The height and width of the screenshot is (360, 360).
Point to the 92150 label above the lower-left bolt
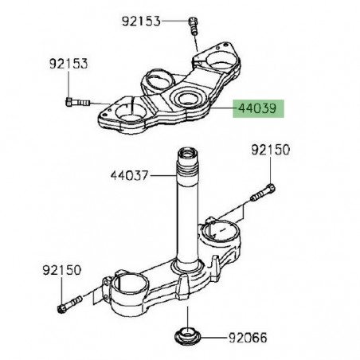tap(61, 272)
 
